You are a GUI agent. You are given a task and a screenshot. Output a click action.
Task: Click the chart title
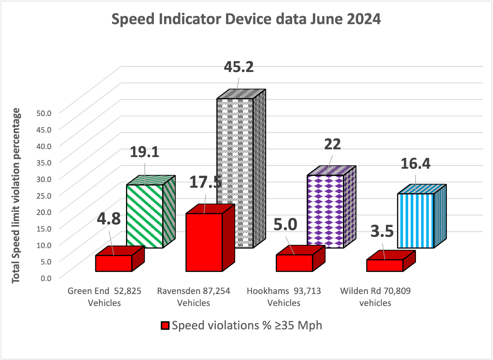246,19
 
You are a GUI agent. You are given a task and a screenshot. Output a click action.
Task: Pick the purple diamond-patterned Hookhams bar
325,211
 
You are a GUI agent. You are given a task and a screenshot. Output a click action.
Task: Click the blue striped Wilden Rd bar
416,221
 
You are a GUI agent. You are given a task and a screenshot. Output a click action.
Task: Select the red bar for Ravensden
204,242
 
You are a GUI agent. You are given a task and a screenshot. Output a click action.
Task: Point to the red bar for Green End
114,263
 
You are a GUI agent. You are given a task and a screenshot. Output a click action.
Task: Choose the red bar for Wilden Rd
385,265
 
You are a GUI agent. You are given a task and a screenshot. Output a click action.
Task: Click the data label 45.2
239,67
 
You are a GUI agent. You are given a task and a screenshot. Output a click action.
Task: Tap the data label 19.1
144,152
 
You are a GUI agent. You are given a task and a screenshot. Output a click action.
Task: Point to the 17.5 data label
205,182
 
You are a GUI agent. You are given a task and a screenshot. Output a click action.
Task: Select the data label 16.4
415,164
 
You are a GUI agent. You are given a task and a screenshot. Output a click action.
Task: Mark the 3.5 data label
382,231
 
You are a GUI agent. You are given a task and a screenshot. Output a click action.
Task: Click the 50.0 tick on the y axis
44,113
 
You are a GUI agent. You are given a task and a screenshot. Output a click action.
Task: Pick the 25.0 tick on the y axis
44,195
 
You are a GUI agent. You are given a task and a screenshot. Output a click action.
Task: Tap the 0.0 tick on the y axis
46,278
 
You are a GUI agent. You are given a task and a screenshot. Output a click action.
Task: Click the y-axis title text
16,196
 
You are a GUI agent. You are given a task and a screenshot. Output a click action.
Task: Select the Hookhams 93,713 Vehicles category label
284,297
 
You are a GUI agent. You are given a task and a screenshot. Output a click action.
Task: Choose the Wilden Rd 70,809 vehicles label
375,297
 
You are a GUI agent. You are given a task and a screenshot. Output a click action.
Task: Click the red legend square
165,326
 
